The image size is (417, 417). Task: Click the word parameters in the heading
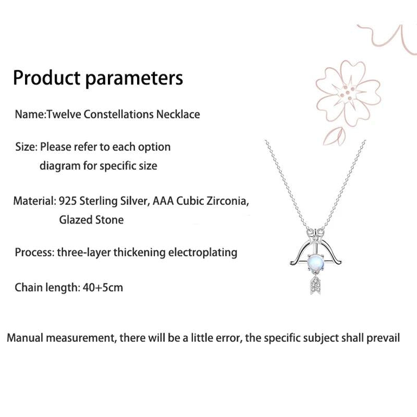click(x=134, y=79)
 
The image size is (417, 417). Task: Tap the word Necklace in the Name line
click(x=178, y=114)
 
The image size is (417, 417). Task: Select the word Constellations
click(x=119, y=114)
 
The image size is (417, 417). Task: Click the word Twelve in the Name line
click(x=64, y=114)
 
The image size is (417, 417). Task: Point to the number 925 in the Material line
click(x=68, y=201)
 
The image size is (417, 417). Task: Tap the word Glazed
click(x=76, y=220)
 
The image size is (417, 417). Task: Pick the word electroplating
click(x=203, y=253)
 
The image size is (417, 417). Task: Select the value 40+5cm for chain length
click(x=103, y=288)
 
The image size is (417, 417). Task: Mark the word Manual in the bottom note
click(x=24, y=338)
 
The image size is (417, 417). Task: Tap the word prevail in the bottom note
click(x=383, y=338)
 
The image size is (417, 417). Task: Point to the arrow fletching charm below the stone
click(x=316, y=285)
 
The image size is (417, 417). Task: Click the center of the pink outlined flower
click(x=348, y=93)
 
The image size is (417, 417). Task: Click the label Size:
click(x=27, y=147)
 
